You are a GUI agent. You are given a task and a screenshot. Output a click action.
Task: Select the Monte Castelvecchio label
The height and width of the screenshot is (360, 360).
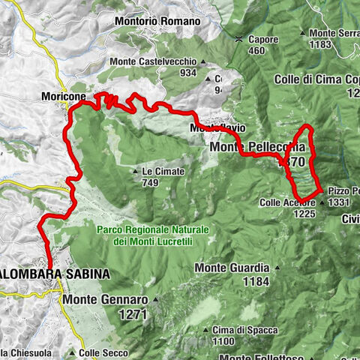click(x=152, y=61)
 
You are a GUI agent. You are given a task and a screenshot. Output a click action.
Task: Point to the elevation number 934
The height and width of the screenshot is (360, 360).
click(x=188, y=73)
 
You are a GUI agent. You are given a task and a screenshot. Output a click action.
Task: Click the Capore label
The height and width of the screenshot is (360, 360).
click(x=262, y=39)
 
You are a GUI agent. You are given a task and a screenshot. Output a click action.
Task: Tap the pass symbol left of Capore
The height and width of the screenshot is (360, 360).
click(x=238, y=39)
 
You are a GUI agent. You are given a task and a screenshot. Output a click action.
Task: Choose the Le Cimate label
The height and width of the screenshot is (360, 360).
click(x=162, y=172)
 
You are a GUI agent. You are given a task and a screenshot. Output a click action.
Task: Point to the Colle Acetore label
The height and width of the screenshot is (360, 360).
click(x=289, y=202)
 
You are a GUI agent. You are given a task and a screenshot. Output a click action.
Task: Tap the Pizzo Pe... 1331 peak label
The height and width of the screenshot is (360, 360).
click(x=343, y=196)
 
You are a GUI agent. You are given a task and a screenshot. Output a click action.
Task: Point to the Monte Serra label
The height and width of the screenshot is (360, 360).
click(x=334, y=33)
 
